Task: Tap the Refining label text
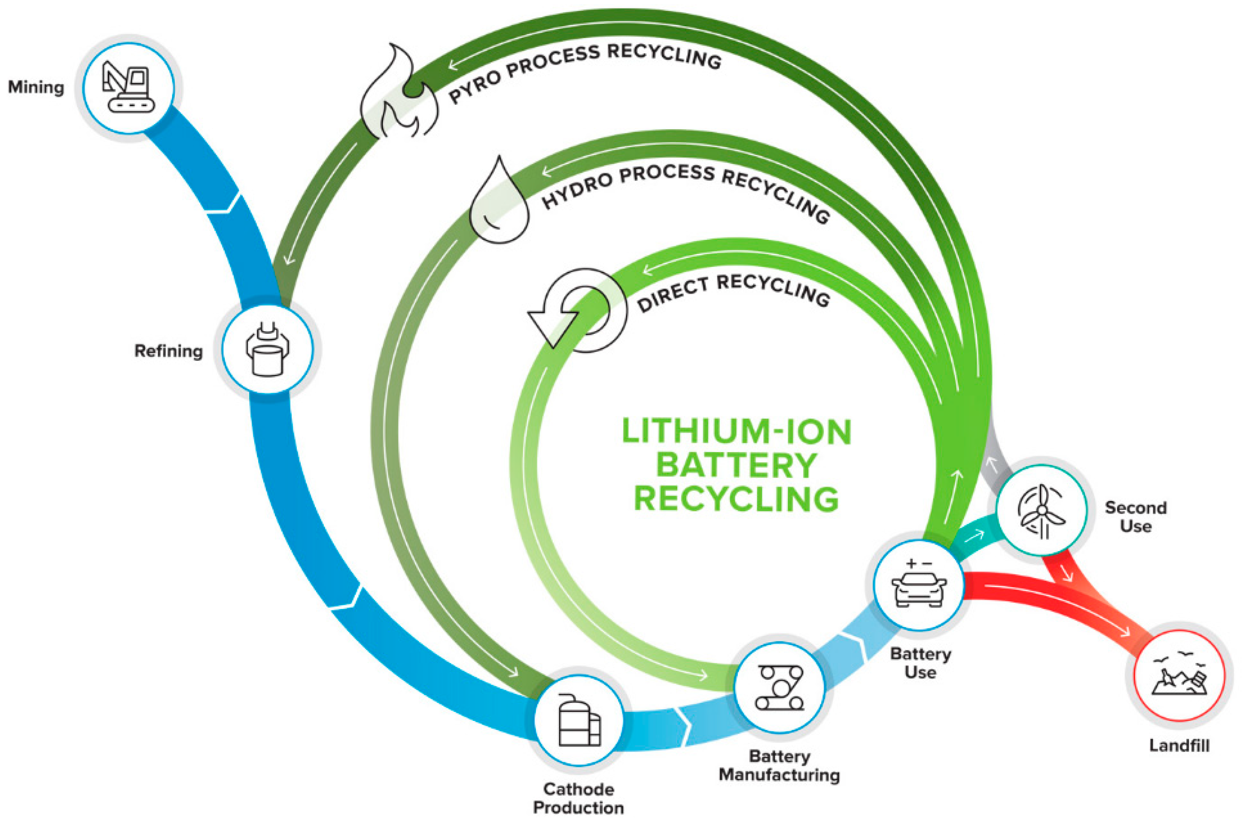click(x=168, y=351)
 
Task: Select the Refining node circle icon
click(x=268, y=349)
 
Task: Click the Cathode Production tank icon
click(x=579, y=720)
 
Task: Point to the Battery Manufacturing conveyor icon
click(x=779, y=687)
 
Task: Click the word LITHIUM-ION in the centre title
click(x=736, y=431)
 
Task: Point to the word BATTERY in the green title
click(x=736, y=465)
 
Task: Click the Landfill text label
click(x=1179, y=745)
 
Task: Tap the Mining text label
click(x=36, y=87)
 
